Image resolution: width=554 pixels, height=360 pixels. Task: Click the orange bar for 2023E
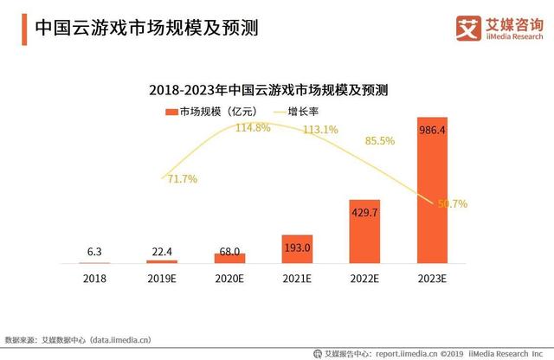(432, 190)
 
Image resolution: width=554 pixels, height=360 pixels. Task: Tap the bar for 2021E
(297, 248)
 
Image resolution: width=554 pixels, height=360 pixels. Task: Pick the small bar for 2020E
(229, 258)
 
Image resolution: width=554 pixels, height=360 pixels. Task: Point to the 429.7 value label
(364, 211)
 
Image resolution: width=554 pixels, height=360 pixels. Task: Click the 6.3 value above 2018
(94, 252)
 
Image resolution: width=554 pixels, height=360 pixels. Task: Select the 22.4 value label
(162, 251)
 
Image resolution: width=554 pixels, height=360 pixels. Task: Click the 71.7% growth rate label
(180, 179)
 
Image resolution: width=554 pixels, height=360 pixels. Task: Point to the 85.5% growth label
(380, 141)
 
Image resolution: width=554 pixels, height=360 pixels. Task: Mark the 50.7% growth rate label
(451, 204)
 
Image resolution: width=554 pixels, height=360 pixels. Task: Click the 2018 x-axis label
(94, 280)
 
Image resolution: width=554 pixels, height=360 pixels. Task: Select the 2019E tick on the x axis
(162, 280)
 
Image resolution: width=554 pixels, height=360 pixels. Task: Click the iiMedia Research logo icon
(467, 28)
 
